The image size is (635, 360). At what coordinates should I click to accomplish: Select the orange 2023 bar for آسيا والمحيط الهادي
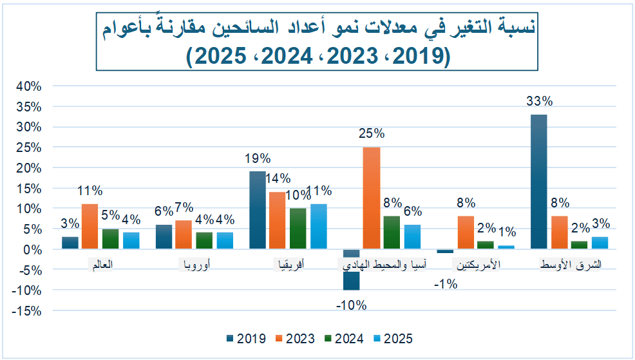pos(371,198)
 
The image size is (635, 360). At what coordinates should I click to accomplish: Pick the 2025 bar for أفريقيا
pos(318,226)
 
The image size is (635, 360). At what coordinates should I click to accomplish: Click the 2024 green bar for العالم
pos(110,239)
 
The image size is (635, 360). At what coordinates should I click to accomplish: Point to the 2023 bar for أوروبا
pos(184,234)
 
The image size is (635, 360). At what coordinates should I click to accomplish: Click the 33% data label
pos(539,101)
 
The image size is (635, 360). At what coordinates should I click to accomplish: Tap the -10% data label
pos(351,305)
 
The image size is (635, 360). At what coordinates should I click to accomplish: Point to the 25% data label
pos(371,134)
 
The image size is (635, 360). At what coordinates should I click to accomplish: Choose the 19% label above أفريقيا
pos(258,158)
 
